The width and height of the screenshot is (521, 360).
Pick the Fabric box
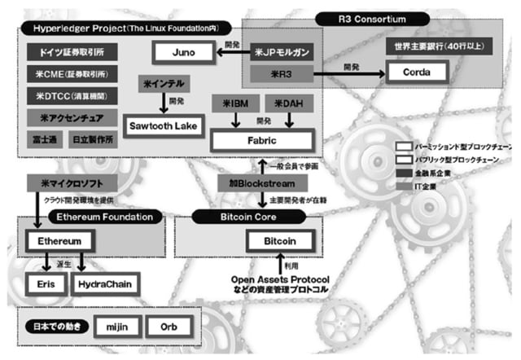pos(256,139)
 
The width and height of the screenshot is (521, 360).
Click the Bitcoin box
pos(280,242)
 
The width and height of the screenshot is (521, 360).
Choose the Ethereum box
pos(59,242)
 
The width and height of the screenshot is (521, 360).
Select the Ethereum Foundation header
pos(105,217)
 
